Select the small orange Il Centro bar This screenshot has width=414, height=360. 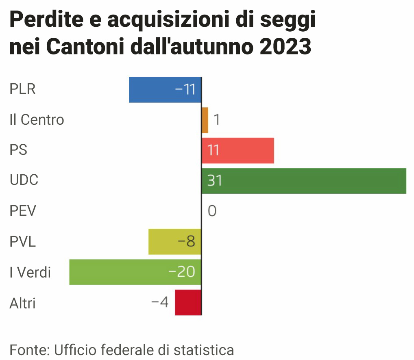(x=205, y=120)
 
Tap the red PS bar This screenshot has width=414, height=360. (x=244, y=150)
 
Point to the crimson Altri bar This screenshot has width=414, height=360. (x=188, y=302)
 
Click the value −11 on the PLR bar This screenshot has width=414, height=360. (x=185, y=89)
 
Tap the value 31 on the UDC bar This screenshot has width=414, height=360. (x=214, y=180)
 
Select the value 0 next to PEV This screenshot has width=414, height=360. (x=212, y=211)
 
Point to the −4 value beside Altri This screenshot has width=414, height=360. (x=160, y=302)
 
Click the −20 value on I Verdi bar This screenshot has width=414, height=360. (x=182, y=272)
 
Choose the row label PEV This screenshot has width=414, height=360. (x=23, y=211)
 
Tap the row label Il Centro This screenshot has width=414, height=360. (x=37, y=120)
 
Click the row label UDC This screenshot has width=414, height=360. (x=24, y=180)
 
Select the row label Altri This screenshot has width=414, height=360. (x=22, y=303)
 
